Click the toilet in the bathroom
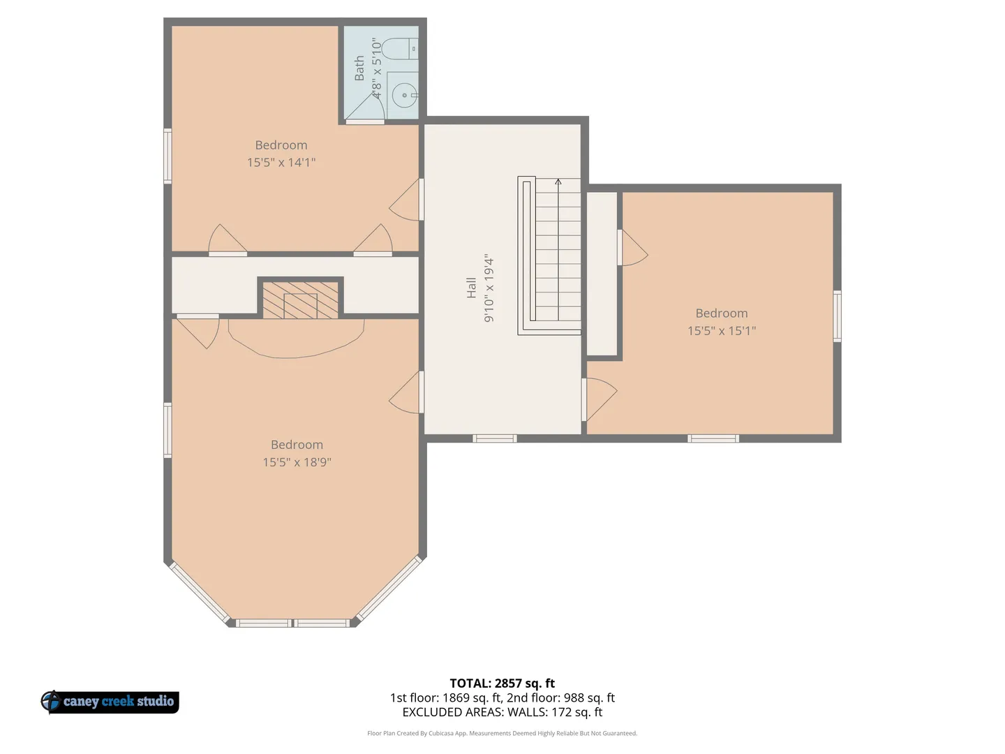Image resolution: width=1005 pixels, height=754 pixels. pyautogui.click(x=400, y=49)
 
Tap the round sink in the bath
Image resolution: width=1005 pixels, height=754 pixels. pyautogui.click(x=405, y=95)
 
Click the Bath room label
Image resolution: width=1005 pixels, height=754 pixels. pyautogui.click(x=359, y=68)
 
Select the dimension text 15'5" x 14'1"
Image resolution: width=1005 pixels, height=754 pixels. pyautogui.click(x=281, y=163)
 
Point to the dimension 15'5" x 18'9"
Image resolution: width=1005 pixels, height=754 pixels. pyautogui.click(x=297, y=462)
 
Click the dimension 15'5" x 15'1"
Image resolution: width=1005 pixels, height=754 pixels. pyautogui.click(x=722, y=331)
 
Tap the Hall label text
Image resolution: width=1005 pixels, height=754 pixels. pyautogui.click(x=471, y=288)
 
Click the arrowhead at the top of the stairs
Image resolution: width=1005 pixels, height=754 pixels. pyautogui.click(x=558, y=182)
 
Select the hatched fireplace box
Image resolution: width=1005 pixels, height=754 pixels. pyautogui.click(x=300, y=300)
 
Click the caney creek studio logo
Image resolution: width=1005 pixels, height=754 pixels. pyautogui.click(x=110, y=702)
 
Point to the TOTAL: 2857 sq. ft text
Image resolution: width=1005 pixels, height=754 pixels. pyautogui.click(x=502, y=683)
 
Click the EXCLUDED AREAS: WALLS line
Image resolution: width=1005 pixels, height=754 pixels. pyautogui.click(x=502, y=712)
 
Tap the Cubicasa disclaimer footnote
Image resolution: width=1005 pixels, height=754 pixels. pyautogui.click(x=502, y=733)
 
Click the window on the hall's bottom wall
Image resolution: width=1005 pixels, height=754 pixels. pyautogui.click(x=495, y=438)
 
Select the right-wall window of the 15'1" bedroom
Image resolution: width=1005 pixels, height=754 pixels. pyautogui.click(x=837, y=316)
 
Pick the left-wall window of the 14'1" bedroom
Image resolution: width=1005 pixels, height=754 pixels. pyautogui.click(x=168, y=156)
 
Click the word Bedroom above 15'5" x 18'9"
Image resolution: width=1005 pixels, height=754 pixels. pyautogui.click(x=297, y=445)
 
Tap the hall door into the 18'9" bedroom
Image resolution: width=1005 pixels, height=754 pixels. pyautogui.click(x=407, y=392)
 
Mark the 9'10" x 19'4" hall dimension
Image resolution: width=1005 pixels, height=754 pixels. pyautogui.click(x=489, y=288)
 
